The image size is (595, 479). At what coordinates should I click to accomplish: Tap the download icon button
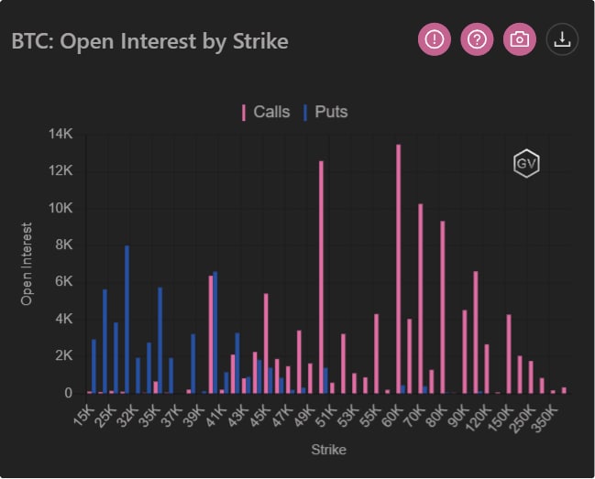click(x=563, y=39)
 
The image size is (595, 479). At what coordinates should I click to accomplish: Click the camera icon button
click(x=520, y=39)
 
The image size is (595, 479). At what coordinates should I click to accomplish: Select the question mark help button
click(x=477, y=39)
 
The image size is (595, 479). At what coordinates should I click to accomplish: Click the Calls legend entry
click(x=265, y=113)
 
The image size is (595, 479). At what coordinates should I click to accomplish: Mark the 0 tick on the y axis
click(x=68, y=393)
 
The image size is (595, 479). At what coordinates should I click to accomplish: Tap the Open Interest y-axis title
click(x=28, y=264)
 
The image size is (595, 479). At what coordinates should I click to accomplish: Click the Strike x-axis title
click(x=327, y=450)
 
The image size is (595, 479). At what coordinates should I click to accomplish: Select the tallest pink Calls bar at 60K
click(x=398, y=268)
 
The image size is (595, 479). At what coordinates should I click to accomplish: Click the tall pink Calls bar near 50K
click(x=321, y=277)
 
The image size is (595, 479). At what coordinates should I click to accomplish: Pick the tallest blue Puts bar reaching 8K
click(x=127, y=319)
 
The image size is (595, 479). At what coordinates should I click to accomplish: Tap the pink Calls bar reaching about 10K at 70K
click(x=420, y=298)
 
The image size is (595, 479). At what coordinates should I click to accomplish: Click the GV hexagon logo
click(x=525, y=163)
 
